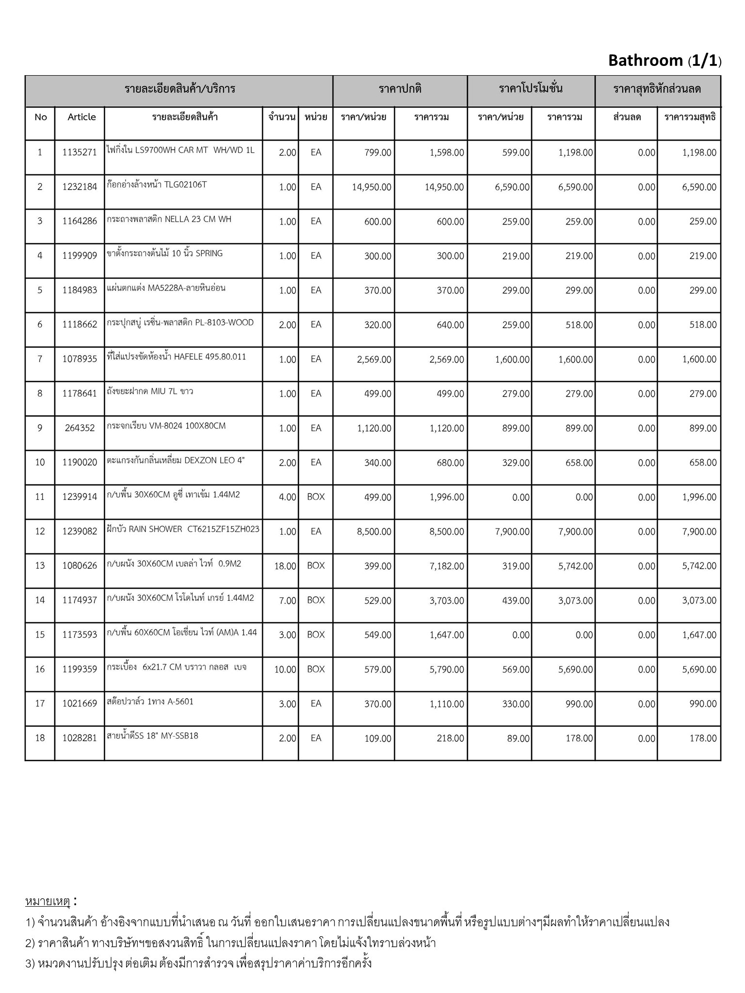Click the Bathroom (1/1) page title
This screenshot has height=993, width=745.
tap(664, 61)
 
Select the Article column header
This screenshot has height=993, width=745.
tap(81, 117)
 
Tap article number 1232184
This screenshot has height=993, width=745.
tap(80, 187)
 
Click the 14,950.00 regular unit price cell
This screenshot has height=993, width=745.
tap(372, 187)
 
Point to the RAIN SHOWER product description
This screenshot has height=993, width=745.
tap(183, 529)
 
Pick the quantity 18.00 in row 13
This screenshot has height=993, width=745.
tap(285, 566)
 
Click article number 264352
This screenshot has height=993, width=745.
tap(80, 428)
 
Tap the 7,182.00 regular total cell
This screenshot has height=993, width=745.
tap(446, 566)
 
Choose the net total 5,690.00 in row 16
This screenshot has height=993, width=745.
tap(699, 670)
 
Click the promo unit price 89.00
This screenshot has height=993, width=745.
tap(518, 738)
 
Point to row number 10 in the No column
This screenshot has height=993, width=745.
tap(40, 463)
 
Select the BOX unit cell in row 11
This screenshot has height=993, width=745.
tap(316, 497)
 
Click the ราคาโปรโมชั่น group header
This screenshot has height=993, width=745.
tap(531, 89)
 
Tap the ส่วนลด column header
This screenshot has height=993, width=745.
tap(627, 117)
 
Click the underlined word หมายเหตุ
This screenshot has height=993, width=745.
tap(48, 901)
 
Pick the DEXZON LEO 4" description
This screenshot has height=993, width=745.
tap(176, 460)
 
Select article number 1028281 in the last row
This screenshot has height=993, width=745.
tap(80, 738)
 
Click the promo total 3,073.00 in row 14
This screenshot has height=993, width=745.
tap(575, 601)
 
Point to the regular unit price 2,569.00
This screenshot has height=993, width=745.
tap(373, 360)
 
